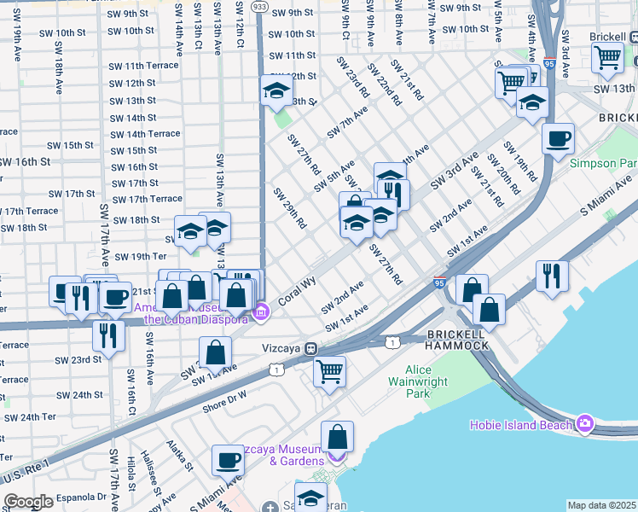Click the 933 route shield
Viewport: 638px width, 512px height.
point(259,6)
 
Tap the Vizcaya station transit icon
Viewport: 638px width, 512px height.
point(312,348)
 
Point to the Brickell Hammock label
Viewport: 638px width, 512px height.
point(457,338)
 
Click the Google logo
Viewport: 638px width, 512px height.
point(28,502)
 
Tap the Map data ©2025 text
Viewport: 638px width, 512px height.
point(601,505)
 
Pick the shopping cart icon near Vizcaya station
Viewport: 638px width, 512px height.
point(329,371)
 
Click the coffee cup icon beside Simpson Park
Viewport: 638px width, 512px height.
point(558,137)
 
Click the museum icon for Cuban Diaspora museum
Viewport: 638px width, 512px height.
point(263,313)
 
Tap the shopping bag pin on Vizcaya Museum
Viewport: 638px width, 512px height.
point(338,436)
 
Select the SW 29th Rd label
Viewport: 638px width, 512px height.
point(289,209)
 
